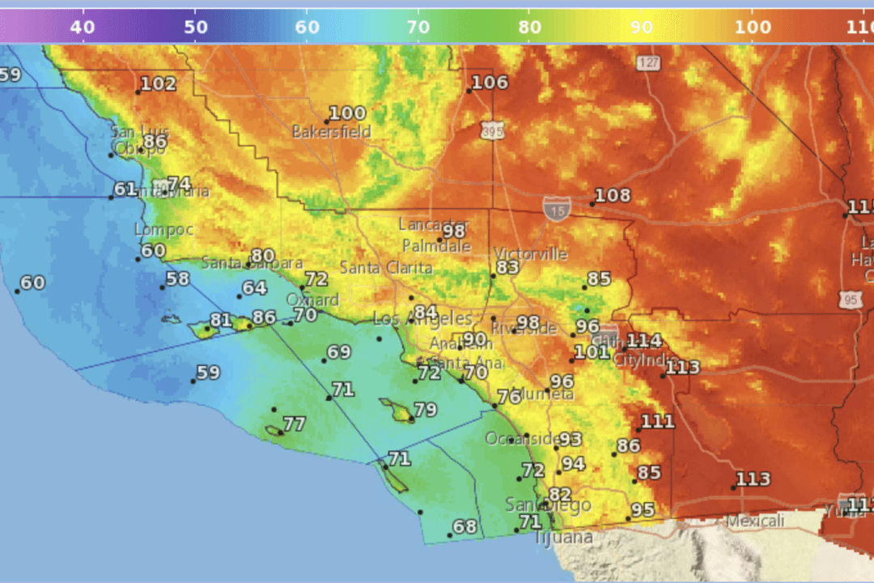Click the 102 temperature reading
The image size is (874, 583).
(x=158, y=84)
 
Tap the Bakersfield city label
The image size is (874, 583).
(x=332, y=131)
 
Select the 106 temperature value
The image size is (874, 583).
(x=490, y=83)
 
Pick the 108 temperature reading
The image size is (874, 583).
(x=612, y=196)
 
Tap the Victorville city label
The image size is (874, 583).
(x=531, y=253)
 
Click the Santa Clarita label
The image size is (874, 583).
(x=385, y=267)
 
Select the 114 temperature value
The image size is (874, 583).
(x=644, y=341)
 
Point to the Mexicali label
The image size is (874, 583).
(x=755, y=520)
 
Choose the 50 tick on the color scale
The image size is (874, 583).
(x=195, y=27)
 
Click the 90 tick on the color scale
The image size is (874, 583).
(x=641, y=27)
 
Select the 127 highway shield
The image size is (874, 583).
(x=647, y=63)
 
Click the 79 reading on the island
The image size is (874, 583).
(x=426, y=409)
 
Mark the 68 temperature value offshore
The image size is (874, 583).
(x=465, y=527)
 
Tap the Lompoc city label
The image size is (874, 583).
(x=163, y=230)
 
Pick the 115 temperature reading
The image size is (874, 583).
(x=860, y=206)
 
